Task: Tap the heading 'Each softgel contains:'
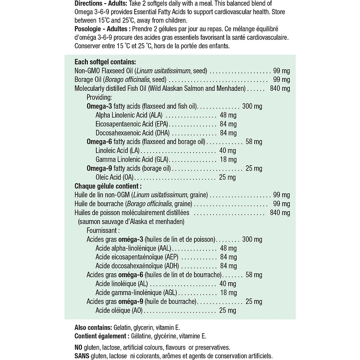(105, 62)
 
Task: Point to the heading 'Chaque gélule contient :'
(108, 185)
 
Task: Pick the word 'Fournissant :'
(103, 230)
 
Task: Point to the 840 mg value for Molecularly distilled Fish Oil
(279, 89)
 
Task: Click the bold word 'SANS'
(82, 355)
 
